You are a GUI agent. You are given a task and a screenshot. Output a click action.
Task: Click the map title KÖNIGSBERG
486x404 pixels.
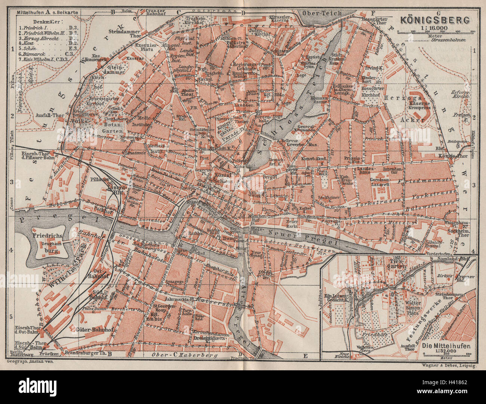435,19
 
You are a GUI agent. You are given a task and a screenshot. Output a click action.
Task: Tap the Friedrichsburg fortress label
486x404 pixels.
50,242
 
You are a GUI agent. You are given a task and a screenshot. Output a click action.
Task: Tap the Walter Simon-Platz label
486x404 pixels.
407,307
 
